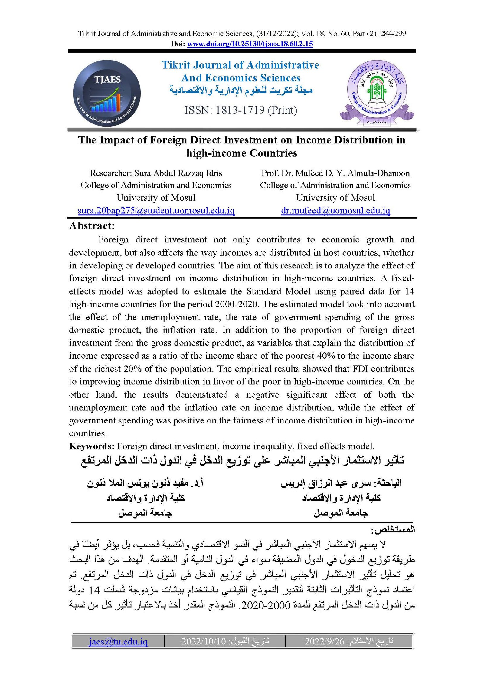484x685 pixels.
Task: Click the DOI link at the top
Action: point(250,44)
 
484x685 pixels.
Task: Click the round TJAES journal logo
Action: point(107,93)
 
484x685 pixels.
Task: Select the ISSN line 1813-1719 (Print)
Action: point(241,110)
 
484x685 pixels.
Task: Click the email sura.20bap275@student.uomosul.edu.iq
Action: point(156,211)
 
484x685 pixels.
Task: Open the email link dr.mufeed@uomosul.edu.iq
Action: point(335,211)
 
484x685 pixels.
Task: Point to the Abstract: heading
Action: point(92,226)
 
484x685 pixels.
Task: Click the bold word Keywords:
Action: point(92,446)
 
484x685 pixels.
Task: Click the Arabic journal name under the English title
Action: point(241,90)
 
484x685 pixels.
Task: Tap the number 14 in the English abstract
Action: point(409,291)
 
